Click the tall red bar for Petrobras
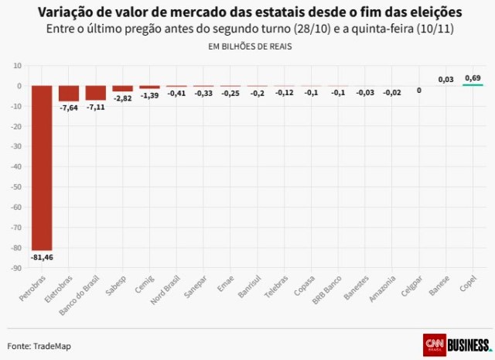click(x=42, y=167)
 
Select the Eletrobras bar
click(x=69, y=94)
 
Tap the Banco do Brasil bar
click(x=96, y=93)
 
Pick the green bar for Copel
click(x=473, y=84)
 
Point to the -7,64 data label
click(x=69, y=108)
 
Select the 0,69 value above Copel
click(x=473, y=77)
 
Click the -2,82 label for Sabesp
click(x=123, y=99)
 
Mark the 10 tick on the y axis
click(x=16, y=66)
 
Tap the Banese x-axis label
click(x=439, y=286)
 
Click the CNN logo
click(x=435, y=344)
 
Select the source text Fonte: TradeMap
click(x=39, y=345)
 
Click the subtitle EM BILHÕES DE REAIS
click(x=248, y=46)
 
